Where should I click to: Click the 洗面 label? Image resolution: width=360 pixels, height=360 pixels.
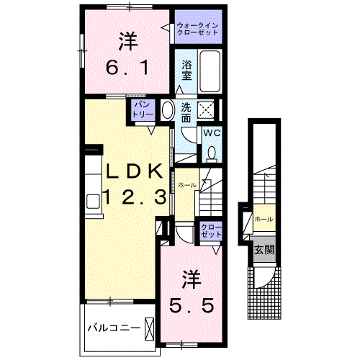pos(186,112)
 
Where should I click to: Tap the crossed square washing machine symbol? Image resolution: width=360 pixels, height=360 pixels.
pos(206,110)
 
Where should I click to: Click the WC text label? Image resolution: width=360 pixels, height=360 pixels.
pos(212,134)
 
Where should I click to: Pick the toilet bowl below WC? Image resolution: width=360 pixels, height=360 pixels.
pos(212,153)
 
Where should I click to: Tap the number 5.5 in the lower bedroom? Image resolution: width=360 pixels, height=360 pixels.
pos(190,305)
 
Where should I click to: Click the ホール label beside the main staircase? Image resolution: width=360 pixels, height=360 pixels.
pos(187,184)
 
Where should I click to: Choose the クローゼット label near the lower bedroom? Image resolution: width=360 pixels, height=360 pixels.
pos(211,230)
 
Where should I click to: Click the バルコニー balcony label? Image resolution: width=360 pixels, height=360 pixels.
pos(113,328)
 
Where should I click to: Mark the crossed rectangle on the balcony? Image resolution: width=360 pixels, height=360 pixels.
pos(149,328)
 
